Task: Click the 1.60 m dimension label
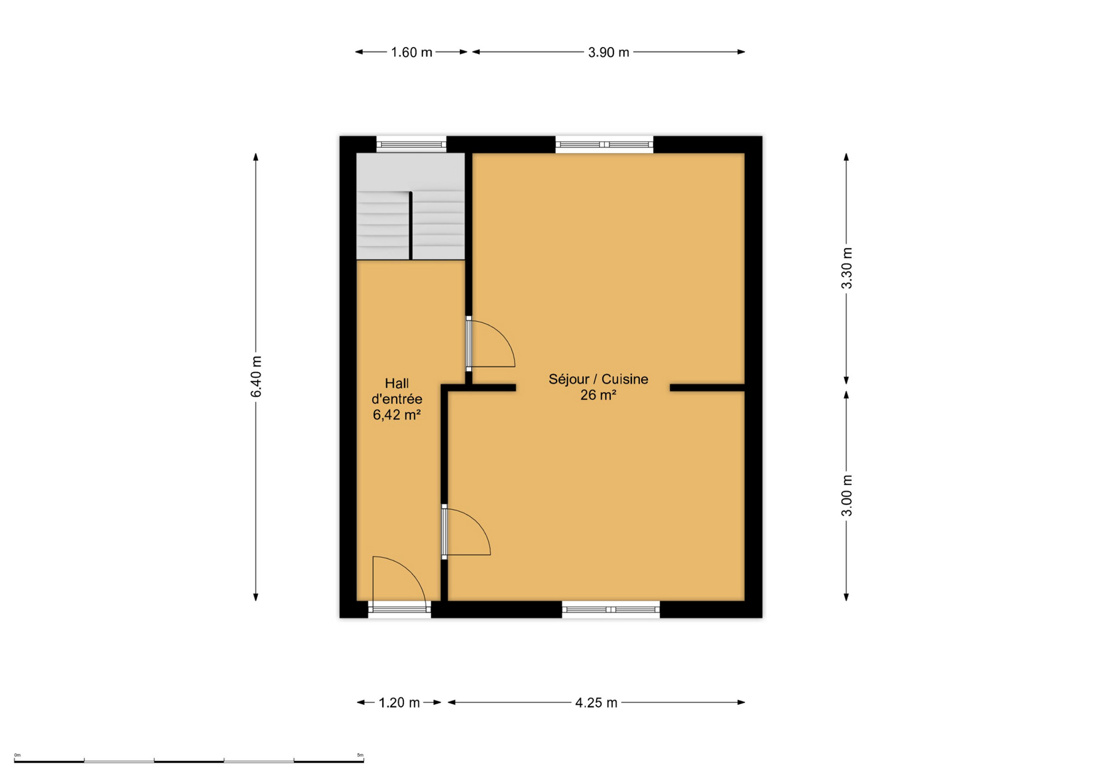412,53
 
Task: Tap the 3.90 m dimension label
609,53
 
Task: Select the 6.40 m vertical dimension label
256,377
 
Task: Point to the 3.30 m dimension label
846,268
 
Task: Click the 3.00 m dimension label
846,496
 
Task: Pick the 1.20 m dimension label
399,703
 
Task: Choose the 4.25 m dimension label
596,703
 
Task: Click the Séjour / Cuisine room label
598,379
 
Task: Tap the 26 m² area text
598,395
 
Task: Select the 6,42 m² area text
397,415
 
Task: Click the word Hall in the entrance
397,383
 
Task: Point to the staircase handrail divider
410,225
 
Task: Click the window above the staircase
412,145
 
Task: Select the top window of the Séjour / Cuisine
604,145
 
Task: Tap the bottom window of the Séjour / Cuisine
611,609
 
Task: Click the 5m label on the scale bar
360,755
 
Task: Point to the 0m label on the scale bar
17,755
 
